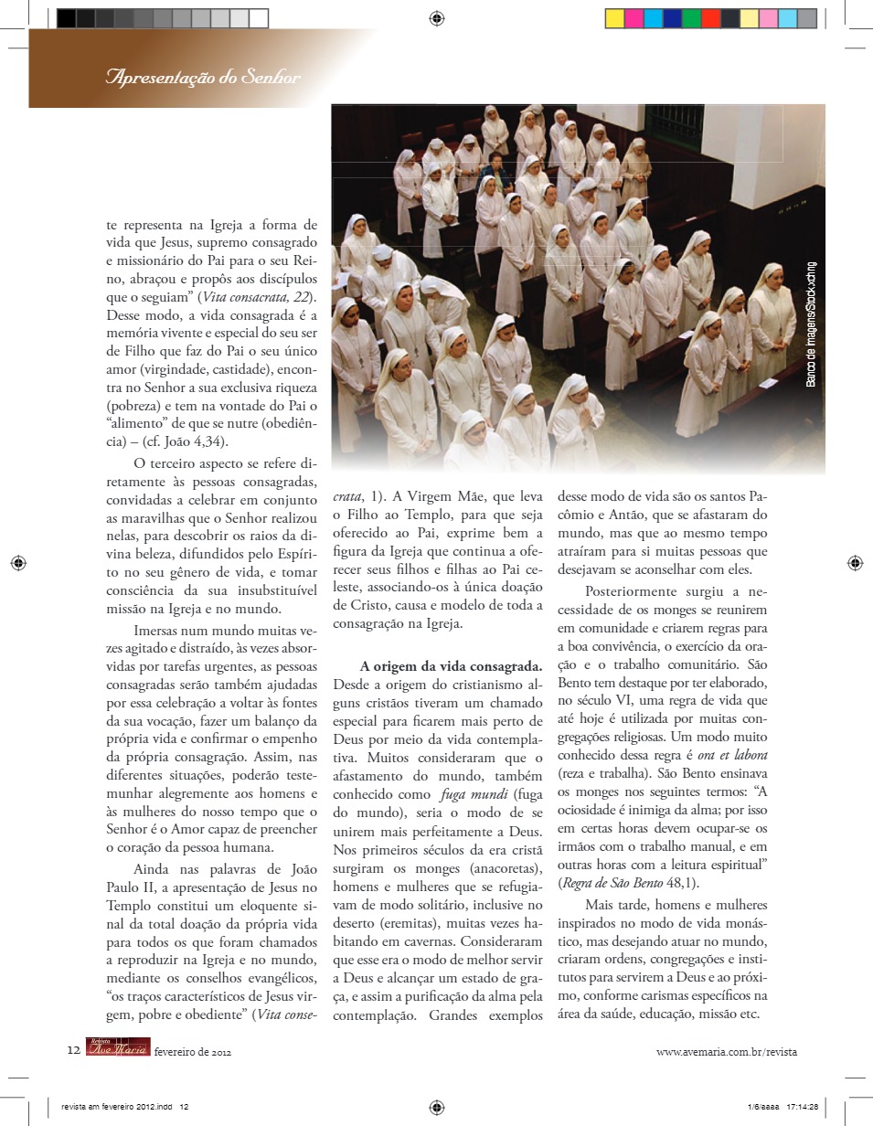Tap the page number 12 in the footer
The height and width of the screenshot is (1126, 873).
[73, 1051]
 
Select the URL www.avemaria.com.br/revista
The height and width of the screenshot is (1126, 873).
[727, 1052]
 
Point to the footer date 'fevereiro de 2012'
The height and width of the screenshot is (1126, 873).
[193, 1052]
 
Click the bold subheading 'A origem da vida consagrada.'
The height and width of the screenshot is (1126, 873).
[452, 665]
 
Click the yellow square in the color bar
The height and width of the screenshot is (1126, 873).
[615, 18]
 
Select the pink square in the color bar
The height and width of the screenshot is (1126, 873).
[768, 18]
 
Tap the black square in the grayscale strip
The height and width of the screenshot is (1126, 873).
[67, 18]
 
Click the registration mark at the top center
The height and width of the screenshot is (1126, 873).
[437, 17]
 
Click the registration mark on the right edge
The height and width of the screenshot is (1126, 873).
[854, 563]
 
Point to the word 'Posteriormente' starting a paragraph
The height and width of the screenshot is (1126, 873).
[631, 590]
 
